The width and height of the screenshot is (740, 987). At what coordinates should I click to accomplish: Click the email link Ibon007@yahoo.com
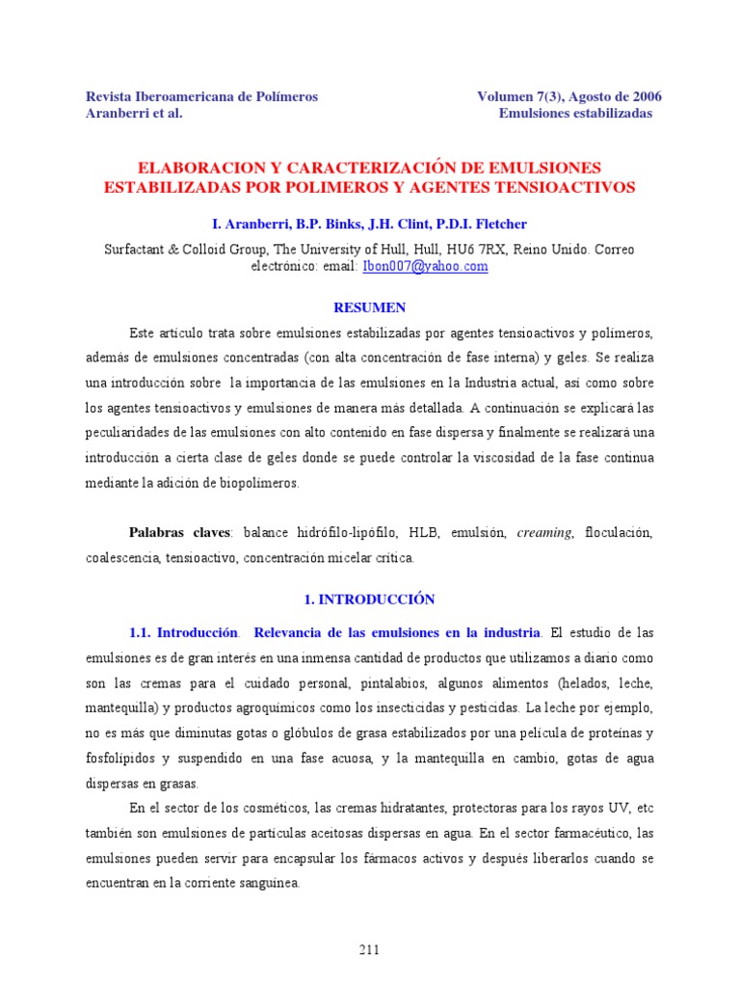425,266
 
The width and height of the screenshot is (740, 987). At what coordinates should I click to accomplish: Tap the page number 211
369,949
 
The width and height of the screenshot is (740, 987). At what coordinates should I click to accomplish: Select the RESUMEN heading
369,307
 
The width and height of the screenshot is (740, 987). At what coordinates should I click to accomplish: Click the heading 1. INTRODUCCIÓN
369,600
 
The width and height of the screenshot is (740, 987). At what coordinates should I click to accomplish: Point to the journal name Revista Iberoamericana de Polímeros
202,96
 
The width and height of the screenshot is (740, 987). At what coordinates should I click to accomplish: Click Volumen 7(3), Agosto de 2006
569,96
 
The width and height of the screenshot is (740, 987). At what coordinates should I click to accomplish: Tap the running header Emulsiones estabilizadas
575,113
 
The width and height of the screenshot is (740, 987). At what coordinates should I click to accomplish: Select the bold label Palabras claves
180,532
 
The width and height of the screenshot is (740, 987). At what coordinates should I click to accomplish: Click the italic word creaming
544,532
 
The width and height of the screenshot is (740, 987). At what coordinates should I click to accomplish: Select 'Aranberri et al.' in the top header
134,113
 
